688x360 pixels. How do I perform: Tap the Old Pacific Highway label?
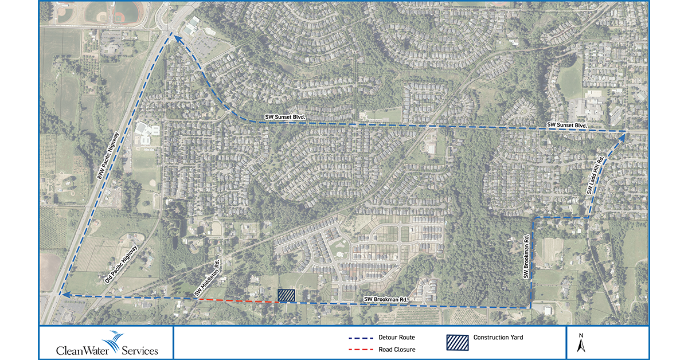(x=122, y=265)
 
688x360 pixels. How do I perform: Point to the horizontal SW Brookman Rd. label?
(x=386, y=299)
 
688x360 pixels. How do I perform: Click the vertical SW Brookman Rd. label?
(x=525, y=256)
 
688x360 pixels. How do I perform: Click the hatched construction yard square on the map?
(x=286, y=295)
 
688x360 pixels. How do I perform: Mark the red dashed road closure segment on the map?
(x=237, y=300)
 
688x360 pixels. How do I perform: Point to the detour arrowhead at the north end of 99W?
(x=173, y=38)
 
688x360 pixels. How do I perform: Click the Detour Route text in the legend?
(x=397, y=338)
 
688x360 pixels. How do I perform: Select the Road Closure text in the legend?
(x=397, y=349)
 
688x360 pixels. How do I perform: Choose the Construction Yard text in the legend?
(x=498, y=338)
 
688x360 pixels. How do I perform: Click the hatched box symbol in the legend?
(x=457, y=342)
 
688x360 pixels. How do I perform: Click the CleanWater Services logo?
(x=107, y=343)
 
